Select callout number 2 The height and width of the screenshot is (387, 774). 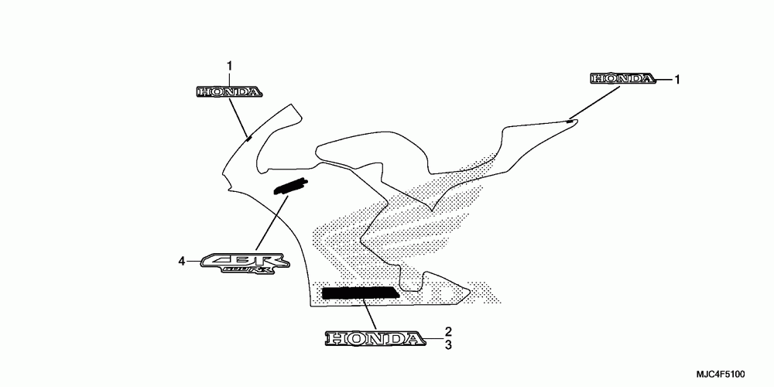pos(448,332)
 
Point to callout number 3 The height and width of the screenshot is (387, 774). pos(448,345)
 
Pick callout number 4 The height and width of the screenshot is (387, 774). pos(182,262)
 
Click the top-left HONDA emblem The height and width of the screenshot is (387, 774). pos(228,92)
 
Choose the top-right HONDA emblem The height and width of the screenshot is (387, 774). pos(622,78)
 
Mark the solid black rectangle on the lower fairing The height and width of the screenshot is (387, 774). pos(360,293)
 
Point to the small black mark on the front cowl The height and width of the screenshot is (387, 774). pos(248,138)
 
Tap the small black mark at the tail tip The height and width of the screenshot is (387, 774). pos(570,121)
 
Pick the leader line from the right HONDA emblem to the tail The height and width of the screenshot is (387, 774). pos(596,103)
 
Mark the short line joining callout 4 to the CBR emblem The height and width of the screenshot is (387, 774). pos(192,262)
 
